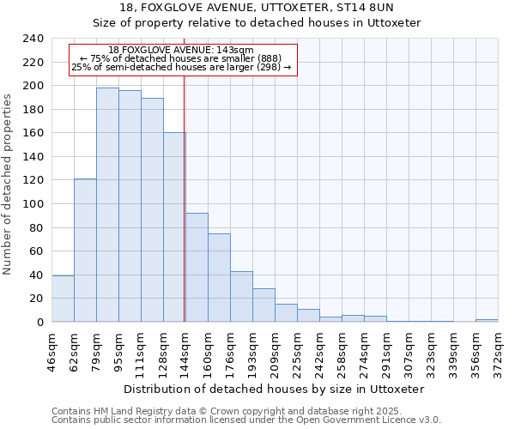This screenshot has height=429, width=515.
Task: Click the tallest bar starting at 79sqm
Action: (x=107, y=204)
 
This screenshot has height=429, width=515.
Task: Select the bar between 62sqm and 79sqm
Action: (x=85, y=251)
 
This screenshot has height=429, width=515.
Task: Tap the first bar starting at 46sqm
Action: (x=63, y=299)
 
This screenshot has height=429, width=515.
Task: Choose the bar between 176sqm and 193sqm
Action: (x=241, y=297)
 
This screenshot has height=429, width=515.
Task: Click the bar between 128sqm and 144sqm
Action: (x=174, y=227)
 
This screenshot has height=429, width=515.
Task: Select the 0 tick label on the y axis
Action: (x=39, y=323)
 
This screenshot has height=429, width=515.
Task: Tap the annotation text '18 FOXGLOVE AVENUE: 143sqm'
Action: (x=181, y=51)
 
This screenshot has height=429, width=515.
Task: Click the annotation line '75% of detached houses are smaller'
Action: (x=181, y=58)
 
